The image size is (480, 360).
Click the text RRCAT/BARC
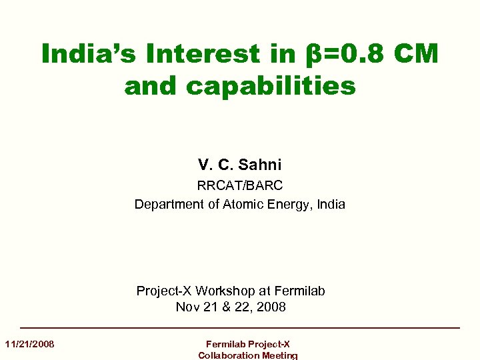(240, 185)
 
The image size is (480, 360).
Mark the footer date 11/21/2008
(29, 344)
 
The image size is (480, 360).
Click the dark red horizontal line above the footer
(240, 328)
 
